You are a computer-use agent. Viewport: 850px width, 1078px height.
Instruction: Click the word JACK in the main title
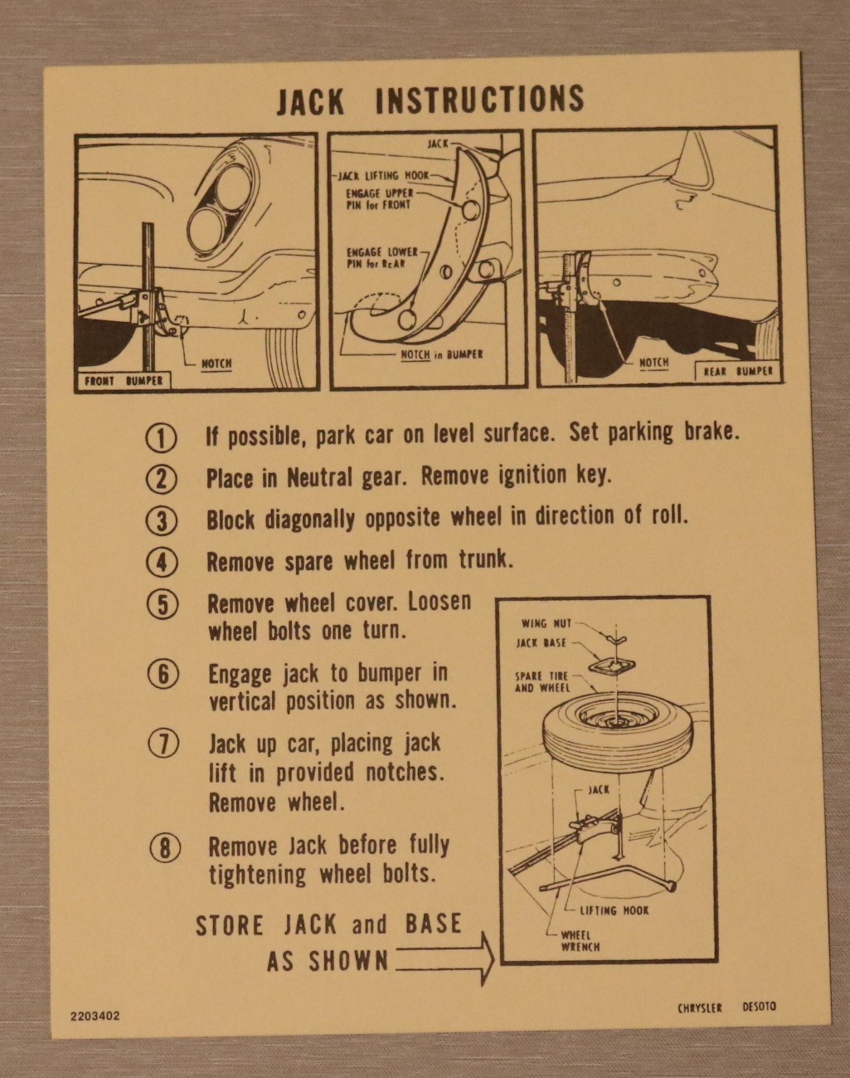pyautogui.click(x=310, y=101)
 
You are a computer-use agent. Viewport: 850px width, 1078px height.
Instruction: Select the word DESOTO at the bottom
pyautogui.click(x=759, y=1007)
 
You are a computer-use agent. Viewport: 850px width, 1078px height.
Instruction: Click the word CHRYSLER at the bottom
pyautogui.click(x=700, y=1007)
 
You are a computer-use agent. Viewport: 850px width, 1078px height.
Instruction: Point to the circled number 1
pyautogui.click(x=161, y=438)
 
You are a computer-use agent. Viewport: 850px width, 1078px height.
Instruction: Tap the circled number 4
pyautogui.click(x=162, y=563)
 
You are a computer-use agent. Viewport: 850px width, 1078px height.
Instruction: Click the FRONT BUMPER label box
pyautogui.click(x=124, y=381)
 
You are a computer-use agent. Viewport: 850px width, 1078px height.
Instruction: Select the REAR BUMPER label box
pyautogui.click(x=738, y=371)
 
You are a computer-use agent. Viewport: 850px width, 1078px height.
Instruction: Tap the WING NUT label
pyautogui.click(x=546, y=624)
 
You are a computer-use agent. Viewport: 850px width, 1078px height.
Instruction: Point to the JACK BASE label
pyautogui.click(x=542, y=642)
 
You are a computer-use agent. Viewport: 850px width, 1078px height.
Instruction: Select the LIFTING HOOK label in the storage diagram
pyautogui.click(x=614, y=910)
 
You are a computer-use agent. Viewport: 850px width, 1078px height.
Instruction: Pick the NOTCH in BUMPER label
pyautogui.click(x=442, y=354)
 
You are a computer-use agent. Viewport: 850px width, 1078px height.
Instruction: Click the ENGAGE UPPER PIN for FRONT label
pyautogui.click(x=379, y=199)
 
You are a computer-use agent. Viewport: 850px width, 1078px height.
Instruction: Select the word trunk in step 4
pyautogui.click(x=486, y=560)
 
